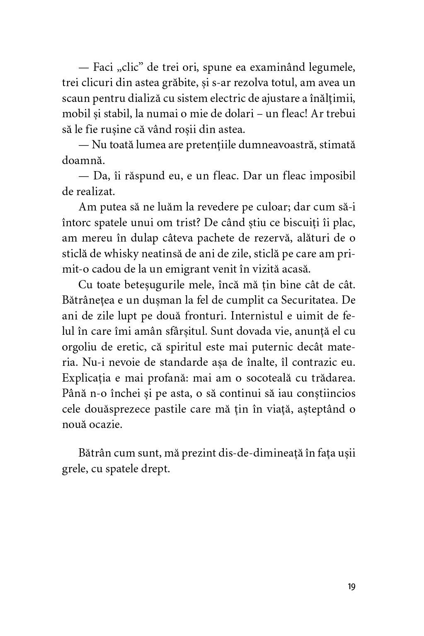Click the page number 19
coord(351,587)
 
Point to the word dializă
coord(157,99)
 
